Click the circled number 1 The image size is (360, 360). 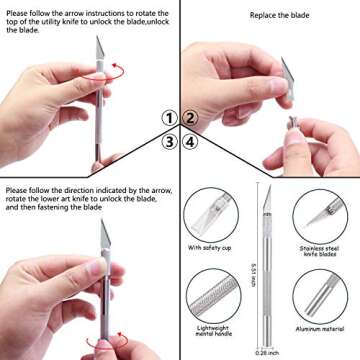(171, 118)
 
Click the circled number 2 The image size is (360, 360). (190, 118)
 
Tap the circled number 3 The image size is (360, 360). (171, 141)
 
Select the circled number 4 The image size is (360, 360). (190, 141)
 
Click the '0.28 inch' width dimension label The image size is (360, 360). (265, 352)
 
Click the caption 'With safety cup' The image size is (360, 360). (212, 246)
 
